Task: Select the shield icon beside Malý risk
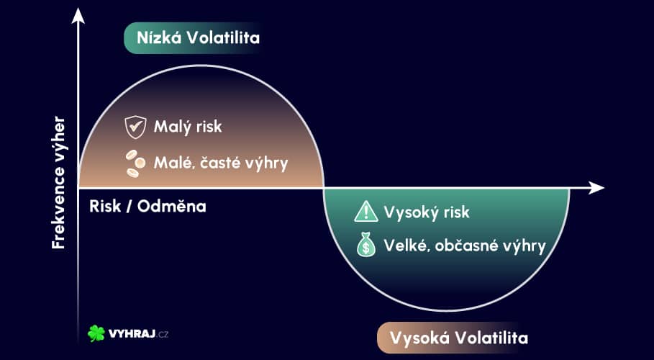[135, 127]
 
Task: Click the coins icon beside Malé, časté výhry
[135, 163]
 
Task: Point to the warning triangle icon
[366, 212]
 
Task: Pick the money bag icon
[366, 246]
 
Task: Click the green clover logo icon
[96, 333]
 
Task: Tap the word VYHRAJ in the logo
[127, 334]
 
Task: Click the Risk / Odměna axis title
[147, 206]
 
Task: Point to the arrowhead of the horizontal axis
[596, 188]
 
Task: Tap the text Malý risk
[188, 127]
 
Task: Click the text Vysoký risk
[426, 212]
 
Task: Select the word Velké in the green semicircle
[406, 246]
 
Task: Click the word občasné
[470, 246]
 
